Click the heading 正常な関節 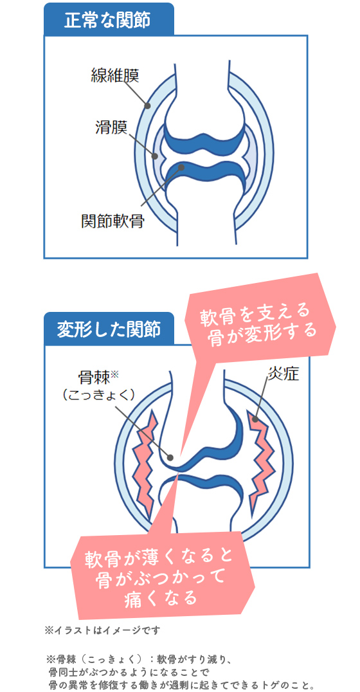(x=107, y=21)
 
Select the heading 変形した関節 (x=109, y=329)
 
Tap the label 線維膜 (x=115, y=75)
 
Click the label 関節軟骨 (x=113, y=221)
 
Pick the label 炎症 (x=283, y=374)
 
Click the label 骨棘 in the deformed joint (x=93, y=378)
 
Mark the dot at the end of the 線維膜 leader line (x=148, y=105)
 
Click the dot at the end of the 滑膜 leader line (x=155, y=156)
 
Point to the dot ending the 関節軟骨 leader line (x=180, y=167)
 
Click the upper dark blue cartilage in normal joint (x=203, y=140)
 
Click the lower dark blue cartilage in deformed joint (x=201, y=489)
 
